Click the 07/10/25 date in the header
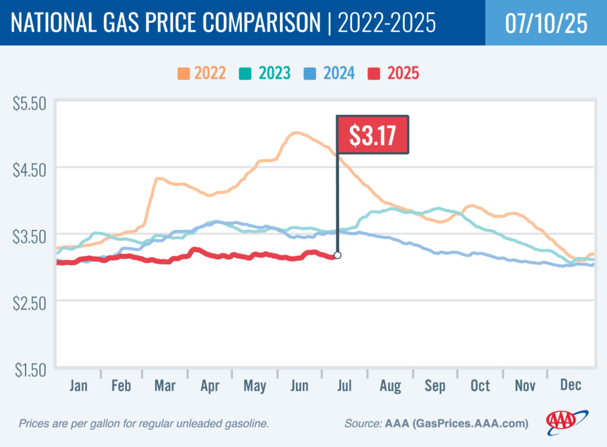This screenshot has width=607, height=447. coord(546,23)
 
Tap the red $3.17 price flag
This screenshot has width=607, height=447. coord(373,135)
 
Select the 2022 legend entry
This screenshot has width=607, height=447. coord(202,73)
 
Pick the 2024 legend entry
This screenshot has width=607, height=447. coord(330,73)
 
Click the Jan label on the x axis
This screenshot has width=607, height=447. coord(78,386)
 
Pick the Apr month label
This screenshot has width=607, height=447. coord(210,386)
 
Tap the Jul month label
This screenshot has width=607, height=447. coord(344,386)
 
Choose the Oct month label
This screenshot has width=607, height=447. coord(480,386)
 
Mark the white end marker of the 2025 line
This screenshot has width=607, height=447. coord(337,255)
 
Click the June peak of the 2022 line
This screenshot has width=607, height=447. coord(296,133)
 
